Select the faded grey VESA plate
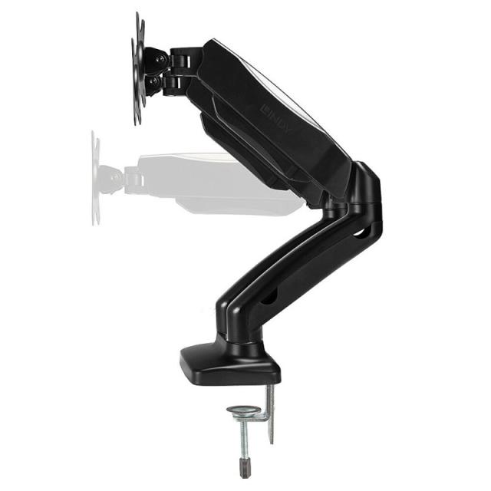95,179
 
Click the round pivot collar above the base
241,341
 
